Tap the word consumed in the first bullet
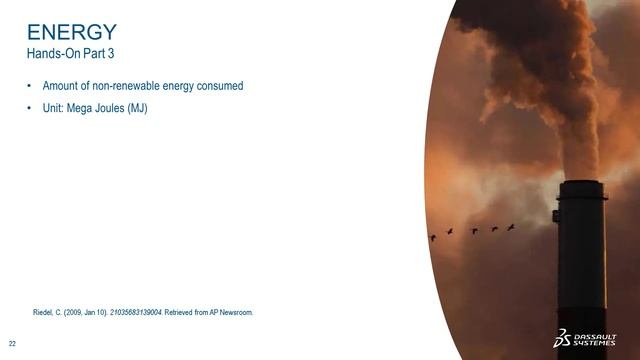(220, 86)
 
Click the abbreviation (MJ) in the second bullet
(136, 108)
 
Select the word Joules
(108, 108)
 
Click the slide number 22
(12, 342)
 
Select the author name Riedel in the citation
(47, 312)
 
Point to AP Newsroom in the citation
(232, 312)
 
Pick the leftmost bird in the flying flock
(432, 237)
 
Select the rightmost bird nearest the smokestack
(511, 227)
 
